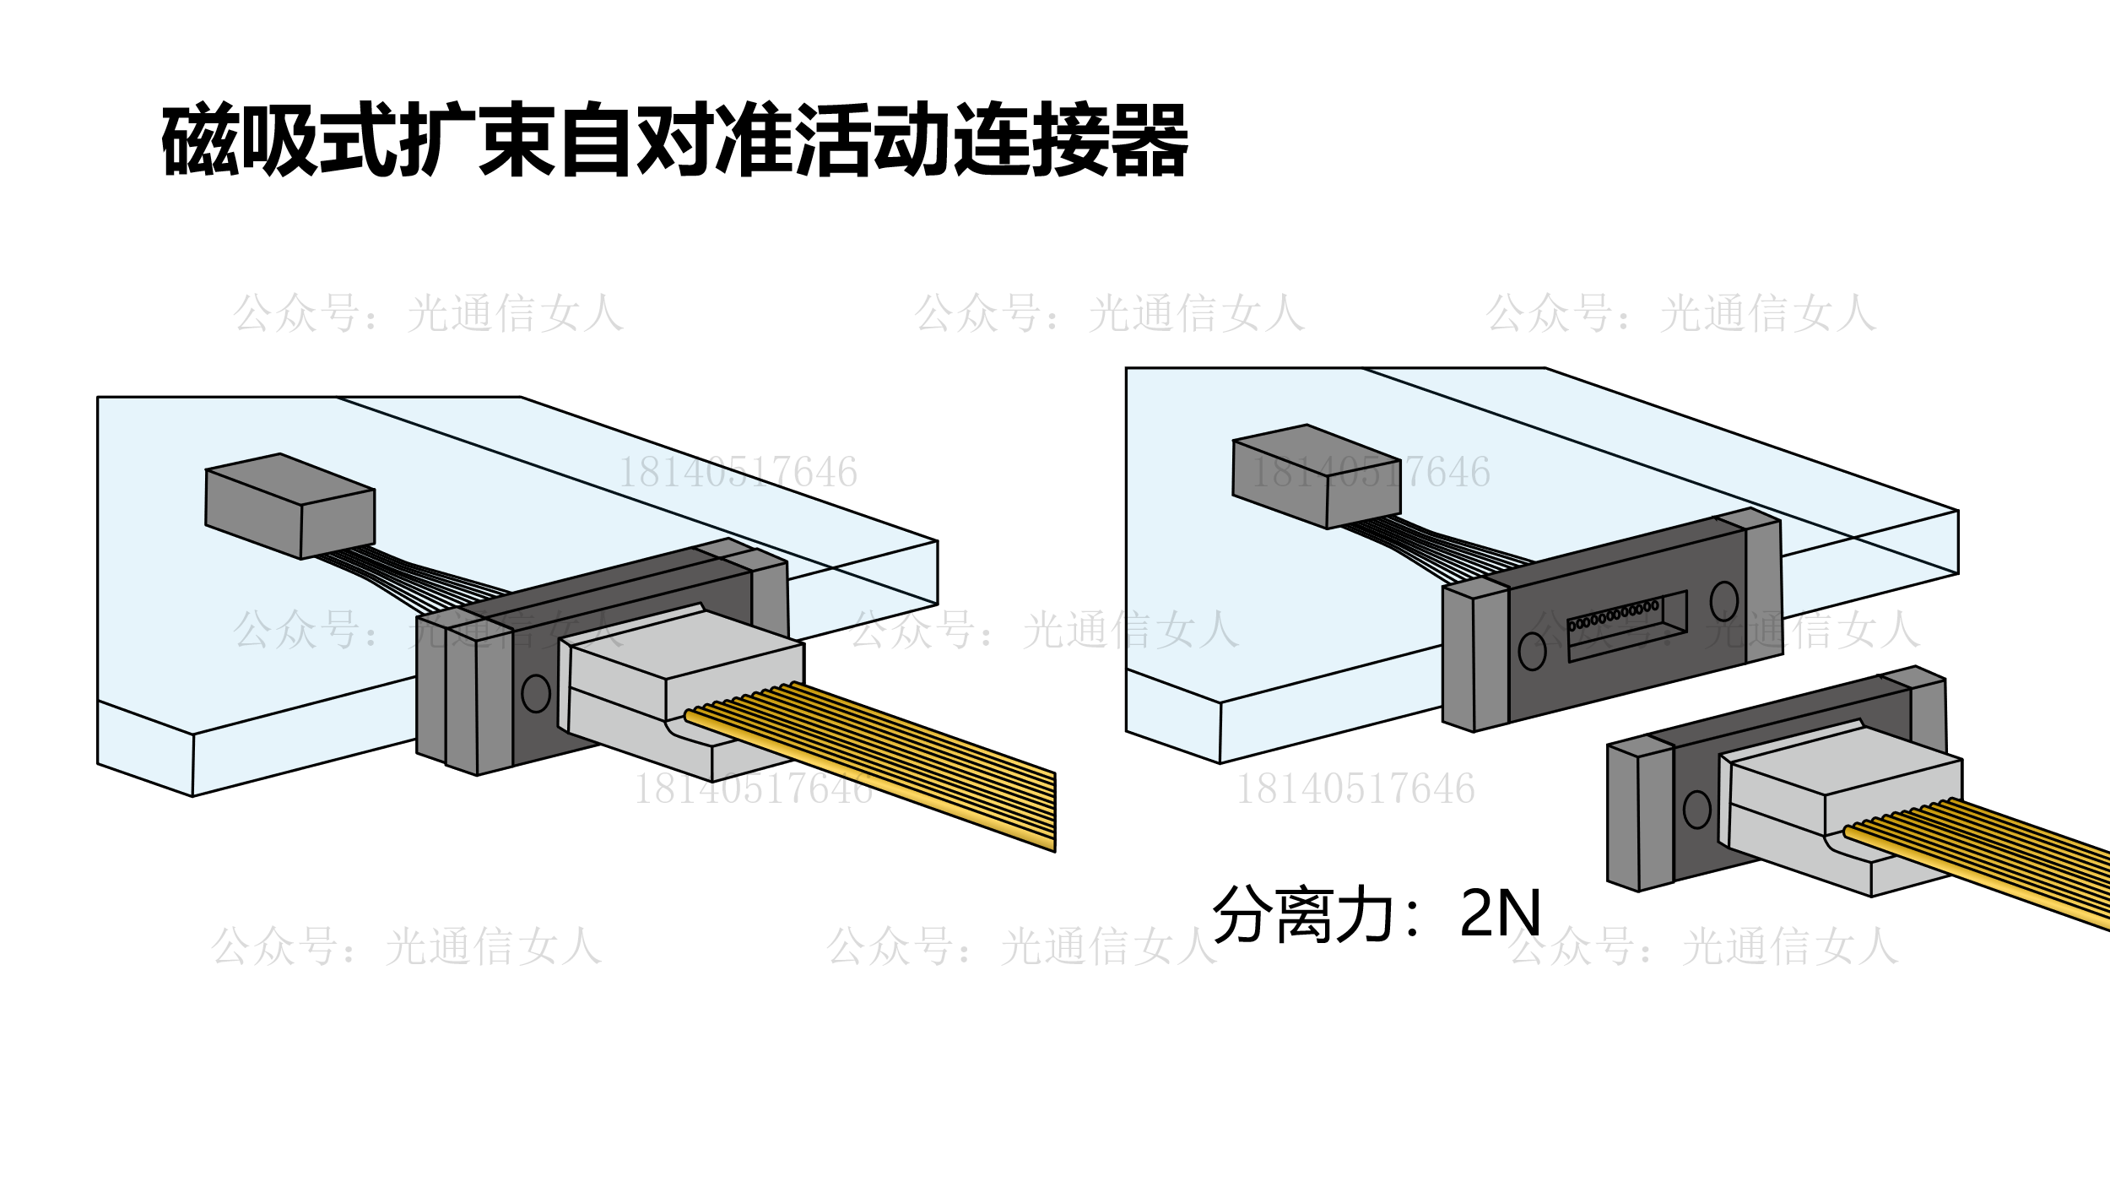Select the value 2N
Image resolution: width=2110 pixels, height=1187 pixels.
[1500, 914]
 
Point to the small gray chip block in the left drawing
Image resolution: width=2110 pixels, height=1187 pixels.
[289, 507]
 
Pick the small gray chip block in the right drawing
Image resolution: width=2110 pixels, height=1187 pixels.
[1317, 477]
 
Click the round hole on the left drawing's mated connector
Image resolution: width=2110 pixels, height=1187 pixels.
[536, 693]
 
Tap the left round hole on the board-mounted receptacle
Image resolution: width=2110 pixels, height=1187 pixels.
[1532, 651]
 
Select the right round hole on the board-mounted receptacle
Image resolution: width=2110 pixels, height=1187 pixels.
[1723, 600]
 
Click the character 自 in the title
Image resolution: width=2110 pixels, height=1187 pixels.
[597, 141]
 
